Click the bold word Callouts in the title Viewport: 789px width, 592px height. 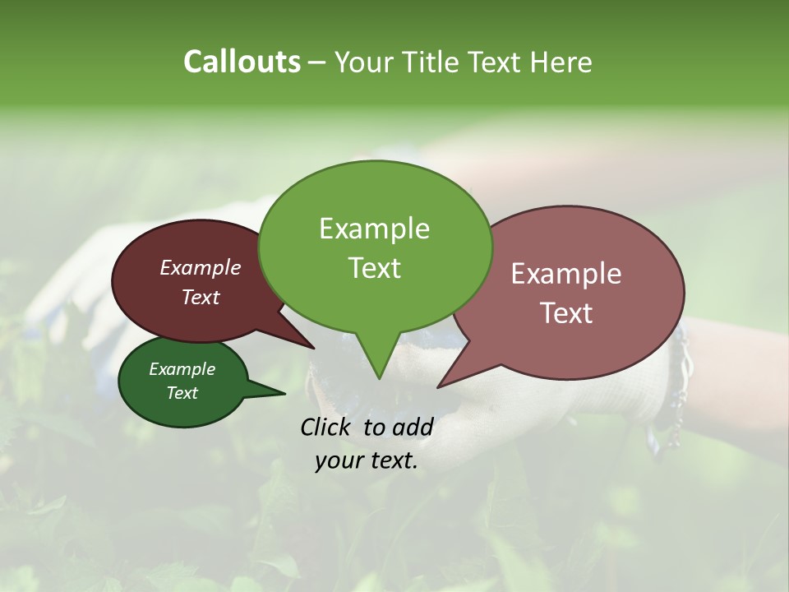coord(242,62)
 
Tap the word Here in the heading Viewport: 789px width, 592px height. coord(561,62)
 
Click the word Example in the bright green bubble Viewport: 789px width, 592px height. coord(374,229)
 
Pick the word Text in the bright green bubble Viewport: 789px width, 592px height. coord(374,268)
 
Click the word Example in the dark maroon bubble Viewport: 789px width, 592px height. coord(201,267)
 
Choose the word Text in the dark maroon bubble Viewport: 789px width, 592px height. coord(201,297)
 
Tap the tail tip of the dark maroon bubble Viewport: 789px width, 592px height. coord(314,348)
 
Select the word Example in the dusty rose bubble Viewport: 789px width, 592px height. coord(566,274)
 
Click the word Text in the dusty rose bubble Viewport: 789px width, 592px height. coord(566,313)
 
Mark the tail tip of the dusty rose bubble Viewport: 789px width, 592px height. coord(439,386)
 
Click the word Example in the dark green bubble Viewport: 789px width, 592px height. coord(182,369)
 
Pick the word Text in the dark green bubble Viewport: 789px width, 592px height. coord(182,393)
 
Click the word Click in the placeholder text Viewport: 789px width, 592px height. coord(327,427)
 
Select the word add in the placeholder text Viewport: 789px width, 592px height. coord(413,427)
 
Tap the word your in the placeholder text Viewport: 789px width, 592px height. coord(337,461)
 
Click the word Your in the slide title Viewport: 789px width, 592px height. coord(362,62)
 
